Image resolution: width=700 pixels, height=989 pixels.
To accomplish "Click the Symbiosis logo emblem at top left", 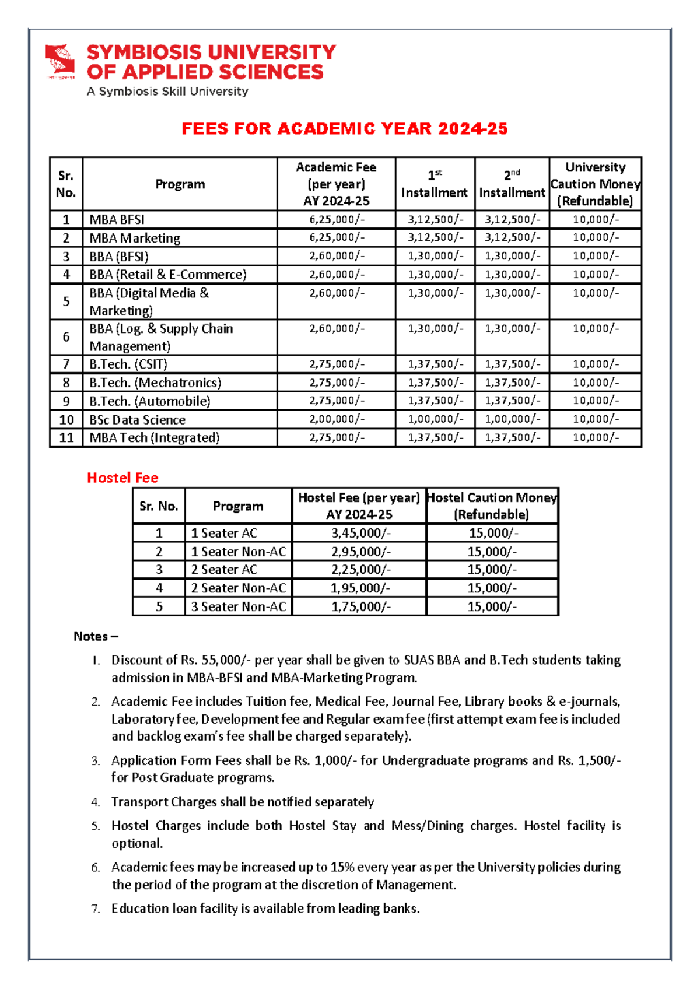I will point(61,60).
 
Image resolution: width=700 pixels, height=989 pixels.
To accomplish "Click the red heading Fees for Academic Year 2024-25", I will point(344,129).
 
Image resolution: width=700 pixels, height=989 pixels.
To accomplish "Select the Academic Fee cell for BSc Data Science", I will point(337,419).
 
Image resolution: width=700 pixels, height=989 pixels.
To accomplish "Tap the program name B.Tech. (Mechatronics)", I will point(155,383).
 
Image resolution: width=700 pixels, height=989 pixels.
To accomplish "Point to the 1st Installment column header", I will point(435,184).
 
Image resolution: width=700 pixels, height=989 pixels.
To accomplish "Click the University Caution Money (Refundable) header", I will point(595,184).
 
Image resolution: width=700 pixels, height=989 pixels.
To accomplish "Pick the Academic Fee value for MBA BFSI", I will point(337,219).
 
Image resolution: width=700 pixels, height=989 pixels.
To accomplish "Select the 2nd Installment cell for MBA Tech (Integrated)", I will point(512,437).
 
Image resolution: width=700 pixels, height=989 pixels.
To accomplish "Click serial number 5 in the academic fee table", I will point(66,301).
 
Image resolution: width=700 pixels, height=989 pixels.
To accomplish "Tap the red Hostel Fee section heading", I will point(123,478).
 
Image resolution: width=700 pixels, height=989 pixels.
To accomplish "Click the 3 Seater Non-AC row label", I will point(239,606).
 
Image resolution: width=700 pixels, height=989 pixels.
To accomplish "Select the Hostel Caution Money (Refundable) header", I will point(492,506).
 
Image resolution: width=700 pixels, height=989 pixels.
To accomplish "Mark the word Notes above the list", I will point(90,636).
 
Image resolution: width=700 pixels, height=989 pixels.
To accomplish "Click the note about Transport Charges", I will point(242,802).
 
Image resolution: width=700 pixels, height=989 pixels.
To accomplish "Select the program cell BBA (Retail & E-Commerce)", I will point(168,275).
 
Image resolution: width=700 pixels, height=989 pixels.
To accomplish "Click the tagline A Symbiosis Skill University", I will point(167,92).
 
